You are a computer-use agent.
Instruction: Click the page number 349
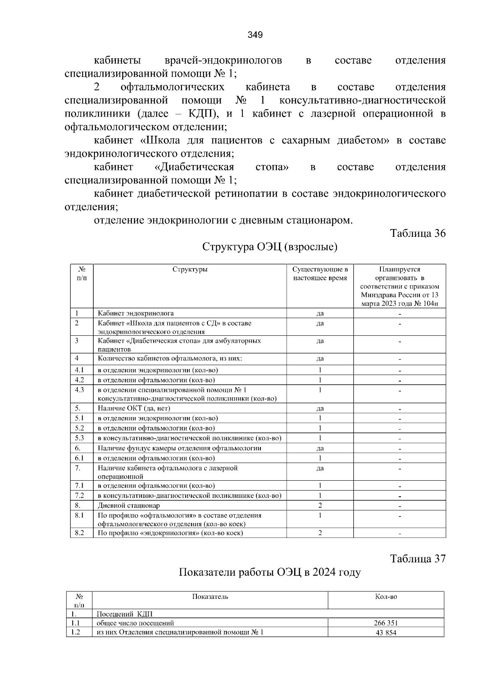(255, 35)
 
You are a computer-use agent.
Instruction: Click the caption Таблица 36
(418, 234)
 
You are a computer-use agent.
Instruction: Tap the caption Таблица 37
(418, 559)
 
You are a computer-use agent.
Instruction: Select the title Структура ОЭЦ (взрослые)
(270, 247)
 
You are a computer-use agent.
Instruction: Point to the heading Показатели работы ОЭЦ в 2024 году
(270, 572)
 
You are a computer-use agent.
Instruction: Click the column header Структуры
(190, 270)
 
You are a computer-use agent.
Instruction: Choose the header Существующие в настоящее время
(320, 274)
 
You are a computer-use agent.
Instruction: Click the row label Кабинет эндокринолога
(136, 314)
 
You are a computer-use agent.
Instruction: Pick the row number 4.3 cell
(80, 390)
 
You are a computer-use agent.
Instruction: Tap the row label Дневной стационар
(129, 506)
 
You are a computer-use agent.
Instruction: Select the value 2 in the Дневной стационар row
(320, 506)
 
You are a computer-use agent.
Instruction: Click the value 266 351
(386, 623)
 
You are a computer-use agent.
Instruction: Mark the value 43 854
(386, 633)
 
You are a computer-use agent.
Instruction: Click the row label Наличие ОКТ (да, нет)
(134, 408)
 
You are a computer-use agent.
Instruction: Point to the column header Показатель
(210, 597)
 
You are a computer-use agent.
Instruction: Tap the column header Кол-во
(386, 597)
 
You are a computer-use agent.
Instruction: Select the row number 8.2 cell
(80, 533)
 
